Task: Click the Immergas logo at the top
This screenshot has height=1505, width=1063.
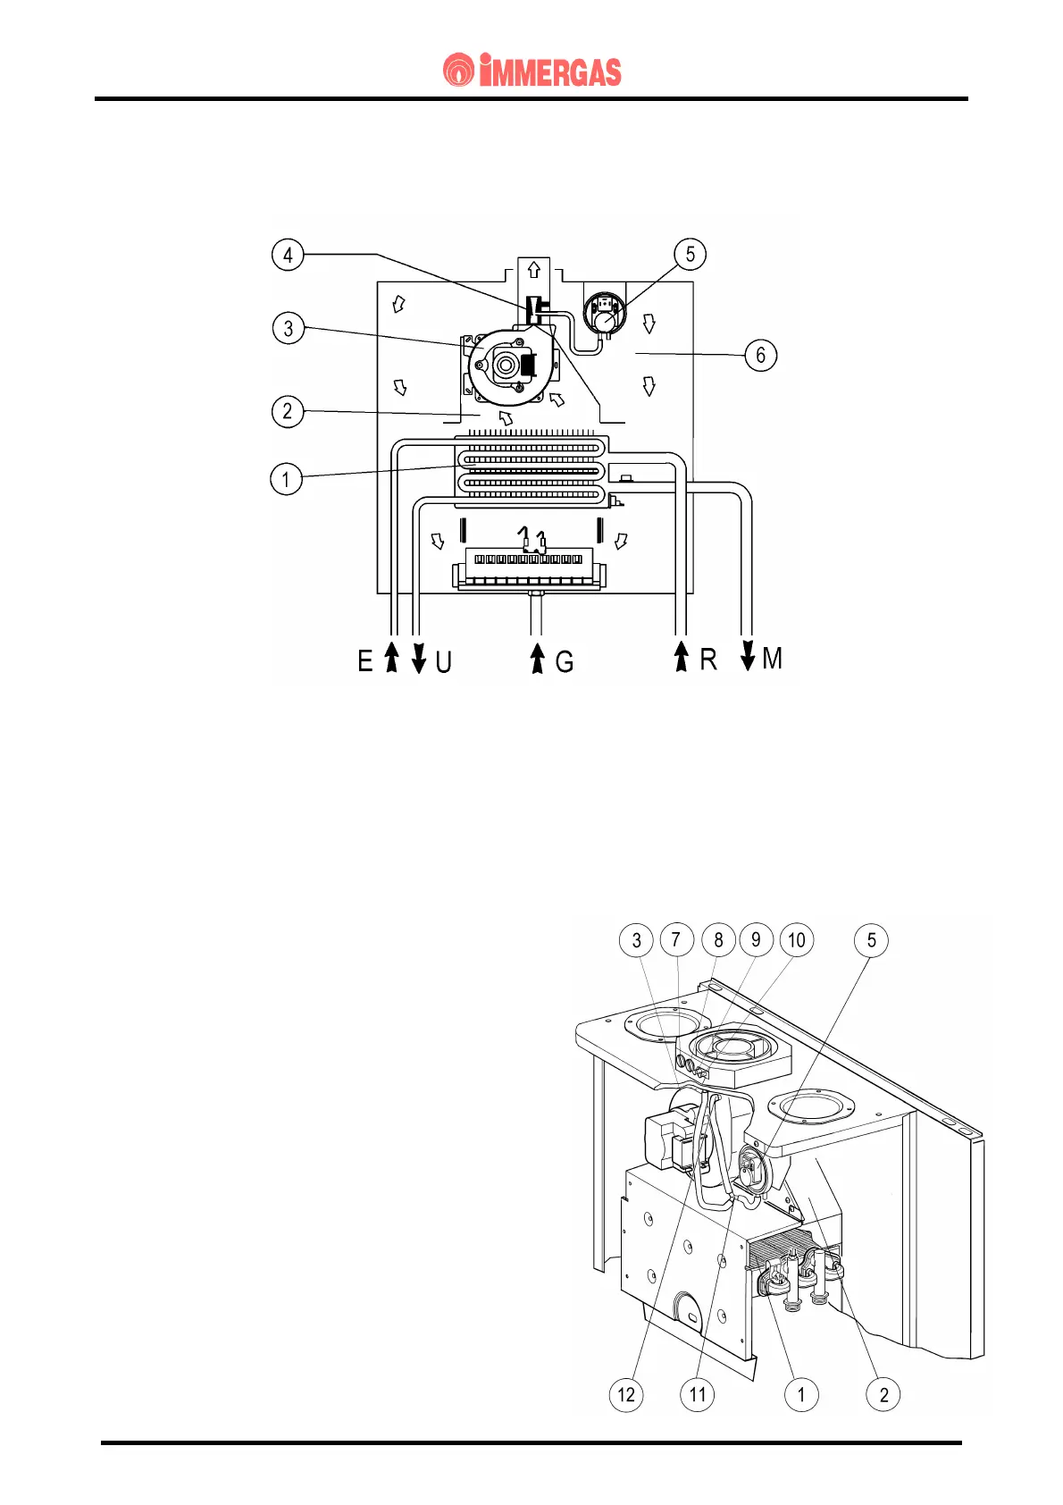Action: pos(532,71)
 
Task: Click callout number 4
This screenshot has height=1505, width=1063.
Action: pos(288,255)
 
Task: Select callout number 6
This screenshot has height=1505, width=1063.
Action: pos(760,355)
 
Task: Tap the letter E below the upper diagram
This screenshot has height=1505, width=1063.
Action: pos(364,661)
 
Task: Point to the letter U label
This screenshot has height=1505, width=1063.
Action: pos(443,662)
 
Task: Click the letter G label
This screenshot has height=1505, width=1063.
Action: pos(564,662)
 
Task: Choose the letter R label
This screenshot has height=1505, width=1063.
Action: pos(707,660)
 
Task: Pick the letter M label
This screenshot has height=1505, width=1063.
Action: pos(773,659)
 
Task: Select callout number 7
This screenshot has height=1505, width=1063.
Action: pos(676,939)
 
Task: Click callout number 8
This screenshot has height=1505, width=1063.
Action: pos(718,939)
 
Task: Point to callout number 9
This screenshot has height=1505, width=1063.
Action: pos(757,939)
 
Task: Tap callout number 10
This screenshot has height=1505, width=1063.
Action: pos(797,939)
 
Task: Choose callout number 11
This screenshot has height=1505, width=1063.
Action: pos(698,1395)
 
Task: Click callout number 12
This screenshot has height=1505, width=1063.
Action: pos(626,1395)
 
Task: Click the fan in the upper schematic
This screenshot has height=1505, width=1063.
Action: pos(507,365)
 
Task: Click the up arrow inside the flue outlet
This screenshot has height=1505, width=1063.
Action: pos(534,269)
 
